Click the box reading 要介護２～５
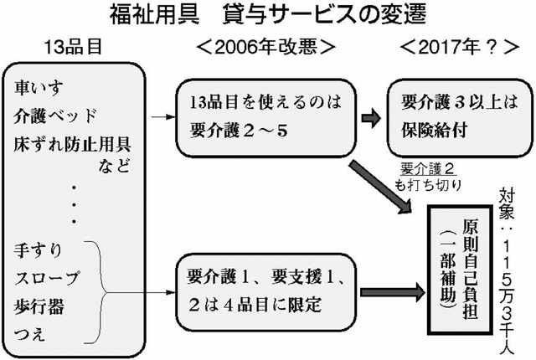pyautogui.click(x=259, y=114)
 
